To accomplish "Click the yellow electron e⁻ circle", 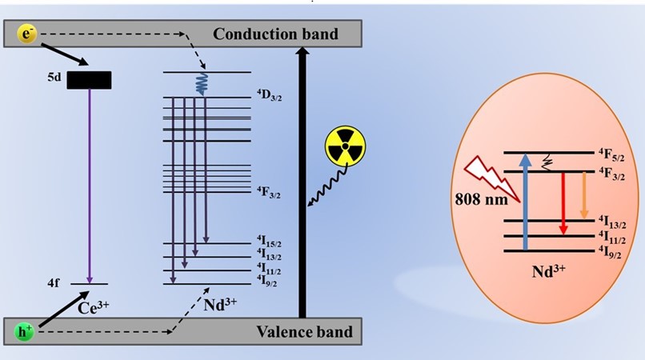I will pos(26,34).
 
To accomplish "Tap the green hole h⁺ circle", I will pos(26,330).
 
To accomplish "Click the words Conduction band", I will pos(276,34).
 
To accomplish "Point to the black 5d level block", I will pos(88,80).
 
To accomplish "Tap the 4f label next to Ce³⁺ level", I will pos(54,283).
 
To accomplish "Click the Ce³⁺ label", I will pos(96,305).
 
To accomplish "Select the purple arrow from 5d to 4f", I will pos(90,184).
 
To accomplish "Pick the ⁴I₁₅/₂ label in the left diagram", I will pos(270,241).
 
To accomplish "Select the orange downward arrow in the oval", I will pos(584,196).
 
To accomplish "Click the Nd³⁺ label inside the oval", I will pos(551,271).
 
